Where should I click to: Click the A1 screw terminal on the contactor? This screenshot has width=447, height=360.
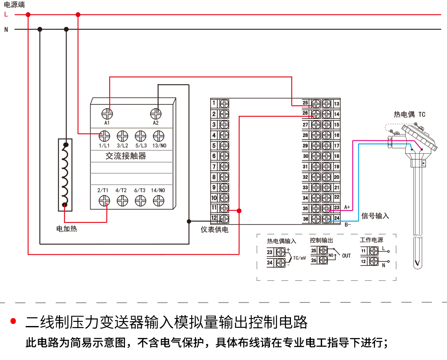point(107,113)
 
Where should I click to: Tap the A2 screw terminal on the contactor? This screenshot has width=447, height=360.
point(156,113)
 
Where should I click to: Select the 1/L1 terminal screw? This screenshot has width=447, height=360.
point(104,136)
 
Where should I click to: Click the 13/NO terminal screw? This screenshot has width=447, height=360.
point(159,136)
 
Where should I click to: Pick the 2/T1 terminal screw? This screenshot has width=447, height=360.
point(104,201)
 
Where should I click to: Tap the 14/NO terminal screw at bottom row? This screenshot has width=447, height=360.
point(159,201)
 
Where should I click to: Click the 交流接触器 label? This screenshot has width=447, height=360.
point(126,156)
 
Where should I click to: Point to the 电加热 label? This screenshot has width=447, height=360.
point(67,228)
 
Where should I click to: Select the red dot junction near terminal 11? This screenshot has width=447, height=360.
point(239,210)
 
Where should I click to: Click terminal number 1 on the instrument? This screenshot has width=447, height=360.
point(214,103)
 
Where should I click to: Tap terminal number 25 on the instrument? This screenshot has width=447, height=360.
point(305,103)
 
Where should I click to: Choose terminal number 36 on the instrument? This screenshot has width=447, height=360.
point(305,219)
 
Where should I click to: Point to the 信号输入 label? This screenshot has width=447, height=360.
point(375,216)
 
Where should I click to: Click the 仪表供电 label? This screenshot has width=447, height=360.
point(214,229)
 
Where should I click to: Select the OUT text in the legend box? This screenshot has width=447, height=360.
point(346,256)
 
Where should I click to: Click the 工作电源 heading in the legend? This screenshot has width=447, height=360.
point(371,240)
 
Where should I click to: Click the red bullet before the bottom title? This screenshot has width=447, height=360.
point(13,321)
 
